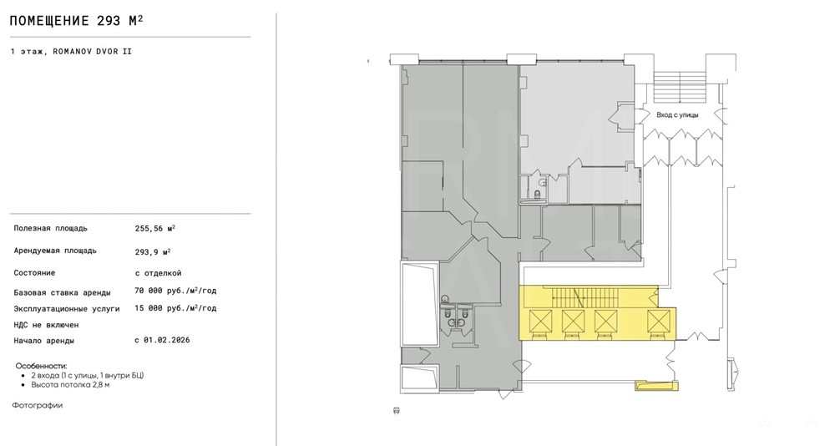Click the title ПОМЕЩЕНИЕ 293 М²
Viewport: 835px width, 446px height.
pyautogui.click(x=77, y=21)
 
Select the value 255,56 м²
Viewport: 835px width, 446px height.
pyautogui.click(x=155, y=228)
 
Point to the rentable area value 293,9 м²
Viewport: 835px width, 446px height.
pyautogui.click(x=153, y=251)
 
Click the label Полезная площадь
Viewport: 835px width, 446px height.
pyautogui.click(x=51, y=229)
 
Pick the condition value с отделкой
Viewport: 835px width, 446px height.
pyautogui.click(x=158, y=273)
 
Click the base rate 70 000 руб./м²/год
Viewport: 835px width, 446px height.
pyautogui.click(x=175, y=291)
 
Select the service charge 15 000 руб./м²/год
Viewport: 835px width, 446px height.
pyautogui.click(x=175, y=308)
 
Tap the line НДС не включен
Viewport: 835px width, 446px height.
pyautogui.click(x=46, y=325)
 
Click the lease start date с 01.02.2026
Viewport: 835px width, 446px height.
pyautogui.click(x=163, y=340)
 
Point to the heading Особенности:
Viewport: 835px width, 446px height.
pyautogui.click(x=42, y=366)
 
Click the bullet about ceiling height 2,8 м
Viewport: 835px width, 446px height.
pyautogui.click(x=70, y=385)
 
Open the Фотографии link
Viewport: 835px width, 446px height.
pyautogui.click(x=38, y=406)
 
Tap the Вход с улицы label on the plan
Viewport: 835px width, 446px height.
pyautogui.click(x=677, y=114)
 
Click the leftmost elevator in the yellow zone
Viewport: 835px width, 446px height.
pyautogui.click(x=540, y=322)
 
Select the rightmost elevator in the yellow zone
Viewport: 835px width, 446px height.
pyautogui.click(x=658, y=322)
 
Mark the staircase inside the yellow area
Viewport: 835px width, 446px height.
pyautogui.click(x=578, y=296)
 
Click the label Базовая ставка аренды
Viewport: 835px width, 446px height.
pyautogui.click(x=63, y=292)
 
